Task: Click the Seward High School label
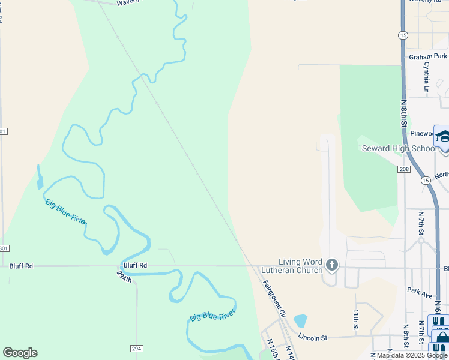pos(399,148)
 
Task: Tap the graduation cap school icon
pos(443,137)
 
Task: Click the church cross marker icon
pos(331,265)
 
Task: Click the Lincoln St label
pos(312,338)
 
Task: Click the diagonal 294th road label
pos(125,277)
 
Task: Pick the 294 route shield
pos(137,348)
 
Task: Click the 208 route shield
pos(403,170)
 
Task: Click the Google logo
pos(20,353)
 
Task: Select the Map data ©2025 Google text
pos(412,356)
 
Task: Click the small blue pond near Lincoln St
pos(300,320)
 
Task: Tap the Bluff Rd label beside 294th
pos(135,265)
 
